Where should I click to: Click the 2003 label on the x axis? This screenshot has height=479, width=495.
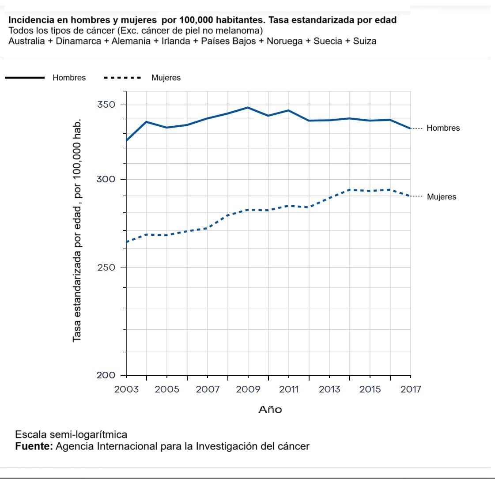(x=126, y=389)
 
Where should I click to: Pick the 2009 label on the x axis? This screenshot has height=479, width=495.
(x=248, y=389)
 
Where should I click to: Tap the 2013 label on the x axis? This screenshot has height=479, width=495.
(x=329, y=389)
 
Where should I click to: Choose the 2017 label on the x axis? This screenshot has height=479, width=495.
(x=411, y=389)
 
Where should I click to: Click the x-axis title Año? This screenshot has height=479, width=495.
(x=270, y=410)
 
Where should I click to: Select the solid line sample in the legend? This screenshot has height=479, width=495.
(x=25, y=78)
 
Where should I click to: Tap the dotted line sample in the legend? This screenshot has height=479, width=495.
(x=122, y=78)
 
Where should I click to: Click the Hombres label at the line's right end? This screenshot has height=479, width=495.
(x=443, y=128)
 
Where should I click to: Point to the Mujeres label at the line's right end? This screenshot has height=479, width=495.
(x=442, y=197)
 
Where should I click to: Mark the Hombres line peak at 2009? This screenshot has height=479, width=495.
(x=248, y=107)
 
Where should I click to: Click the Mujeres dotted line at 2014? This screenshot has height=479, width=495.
(x=350, y=190)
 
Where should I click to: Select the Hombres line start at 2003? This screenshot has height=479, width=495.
(x=127, y=140)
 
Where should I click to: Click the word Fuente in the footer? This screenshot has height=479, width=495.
(x=34, y=446)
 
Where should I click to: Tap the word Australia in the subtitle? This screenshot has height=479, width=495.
(x=26, y=41)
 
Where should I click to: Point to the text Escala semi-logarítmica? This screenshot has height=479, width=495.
(x=71, y=434)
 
